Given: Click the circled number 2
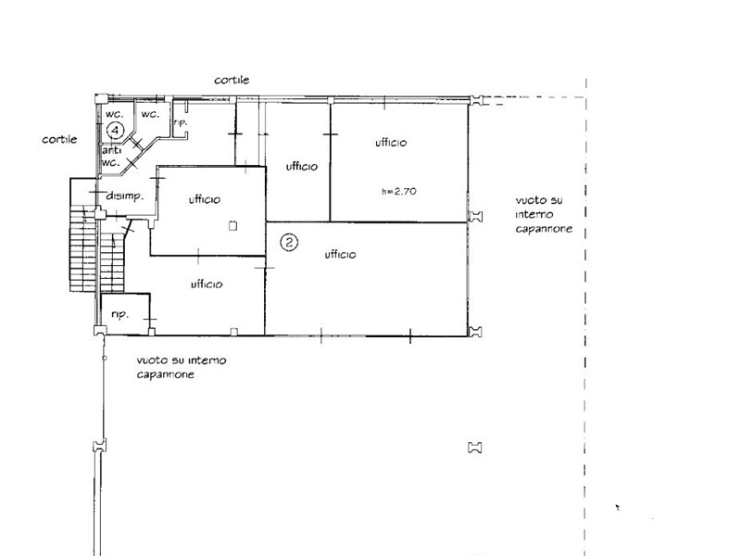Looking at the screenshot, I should coord(290,243).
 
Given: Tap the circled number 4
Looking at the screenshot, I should coord(116,130).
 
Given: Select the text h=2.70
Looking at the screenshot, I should coord(399,192).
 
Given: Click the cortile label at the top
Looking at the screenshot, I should coord(232,81).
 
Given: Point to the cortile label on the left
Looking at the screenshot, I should coord(58,139).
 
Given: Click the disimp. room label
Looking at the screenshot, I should coord(124,196).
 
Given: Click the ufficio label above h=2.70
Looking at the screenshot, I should coord(392,143).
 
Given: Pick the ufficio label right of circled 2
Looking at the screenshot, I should coord(342,254).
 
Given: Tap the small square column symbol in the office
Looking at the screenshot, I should coord(232,225).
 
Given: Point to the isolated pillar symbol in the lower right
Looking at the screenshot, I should coord(476,448).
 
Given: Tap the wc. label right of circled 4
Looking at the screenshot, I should coord(150,114).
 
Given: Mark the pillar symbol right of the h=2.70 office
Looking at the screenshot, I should coord(476,217).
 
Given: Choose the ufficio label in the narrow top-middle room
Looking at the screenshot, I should coord(302,167).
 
